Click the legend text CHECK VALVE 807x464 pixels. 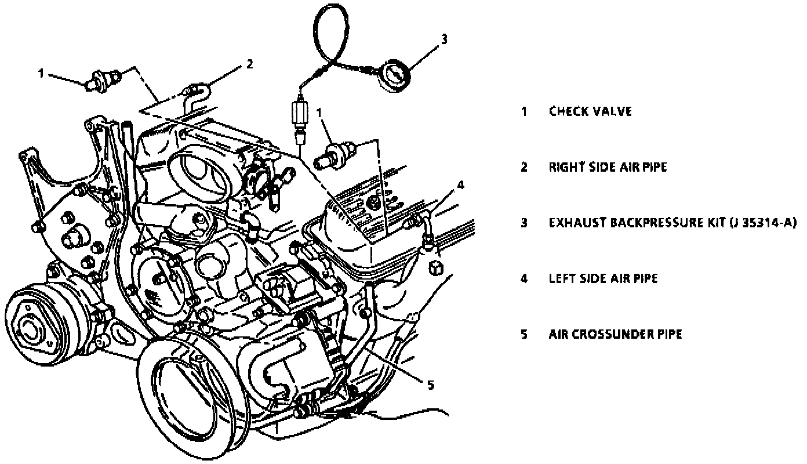[590, 111]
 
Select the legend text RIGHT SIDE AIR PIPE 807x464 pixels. [608, 167]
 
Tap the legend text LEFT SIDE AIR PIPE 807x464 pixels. [603, 278]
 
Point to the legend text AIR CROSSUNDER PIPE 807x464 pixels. [615, 334]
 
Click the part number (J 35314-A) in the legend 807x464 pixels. [762, 223]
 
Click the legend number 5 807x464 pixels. [524, 334]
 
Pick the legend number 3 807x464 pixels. [524, 223]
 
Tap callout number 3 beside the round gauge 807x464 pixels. [444, 39]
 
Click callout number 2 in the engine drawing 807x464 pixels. [249, 64]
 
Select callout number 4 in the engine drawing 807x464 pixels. [460, 185]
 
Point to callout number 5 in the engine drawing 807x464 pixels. [430, 384]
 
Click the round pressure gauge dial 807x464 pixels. [394, 74]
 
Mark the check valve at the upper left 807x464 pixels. [104, 79]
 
